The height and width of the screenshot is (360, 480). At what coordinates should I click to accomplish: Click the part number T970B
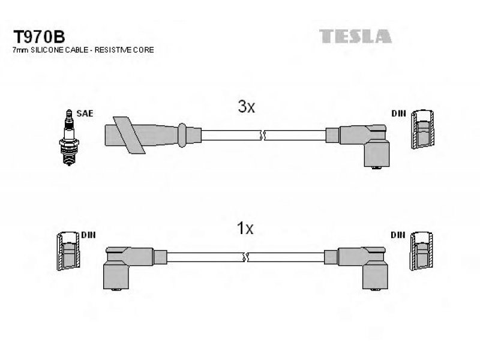click(39, 37)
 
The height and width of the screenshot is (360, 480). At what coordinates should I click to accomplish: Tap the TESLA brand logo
click(355, 36)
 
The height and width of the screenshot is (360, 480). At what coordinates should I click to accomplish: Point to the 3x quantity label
click(247, 107)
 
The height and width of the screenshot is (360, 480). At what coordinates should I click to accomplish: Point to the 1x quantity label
click(245, 228)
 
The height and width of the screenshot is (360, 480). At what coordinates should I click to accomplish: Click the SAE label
click(85, 113)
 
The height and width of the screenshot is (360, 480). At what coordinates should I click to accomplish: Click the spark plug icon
click(69, 137)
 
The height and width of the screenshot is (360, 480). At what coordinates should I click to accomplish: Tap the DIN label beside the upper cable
click(398, 113)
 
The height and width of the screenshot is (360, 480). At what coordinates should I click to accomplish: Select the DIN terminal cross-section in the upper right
click(422, 129)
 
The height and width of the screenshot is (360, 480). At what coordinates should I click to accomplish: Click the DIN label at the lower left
click(88, 235)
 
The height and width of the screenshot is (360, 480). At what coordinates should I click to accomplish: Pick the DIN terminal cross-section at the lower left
click(68, 251)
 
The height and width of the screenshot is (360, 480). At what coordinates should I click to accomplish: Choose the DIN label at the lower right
click(398, 235)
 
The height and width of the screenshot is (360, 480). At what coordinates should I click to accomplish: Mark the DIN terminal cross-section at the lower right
click(422, 251)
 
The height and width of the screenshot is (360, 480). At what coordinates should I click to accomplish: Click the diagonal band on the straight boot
click(129, 135)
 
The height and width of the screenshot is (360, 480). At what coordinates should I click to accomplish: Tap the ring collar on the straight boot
click(182, 135)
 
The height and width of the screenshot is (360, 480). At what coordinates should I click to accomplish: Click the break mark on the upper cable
click(263, 135)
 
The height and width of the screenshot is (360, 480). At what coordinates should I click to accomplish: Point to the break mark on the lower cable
click(245, 257)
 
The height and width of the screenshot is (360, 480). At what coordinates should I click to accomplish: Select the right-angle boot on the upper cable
click(361, 145)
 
